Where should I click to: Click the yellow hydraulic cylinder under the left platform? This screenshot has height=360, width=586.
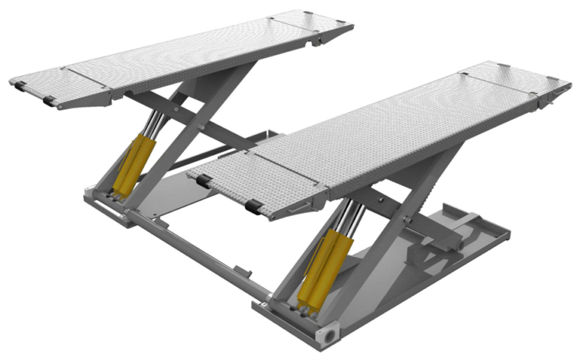[129, 163]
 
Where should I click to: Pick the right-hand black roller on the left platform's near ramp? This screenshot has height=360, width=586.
[50, 101]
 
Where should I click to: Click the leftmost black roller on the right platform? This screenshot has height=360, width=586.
[204, 181]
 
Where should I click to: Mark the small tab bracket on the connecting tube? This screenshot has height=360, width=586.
[243, 268]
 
